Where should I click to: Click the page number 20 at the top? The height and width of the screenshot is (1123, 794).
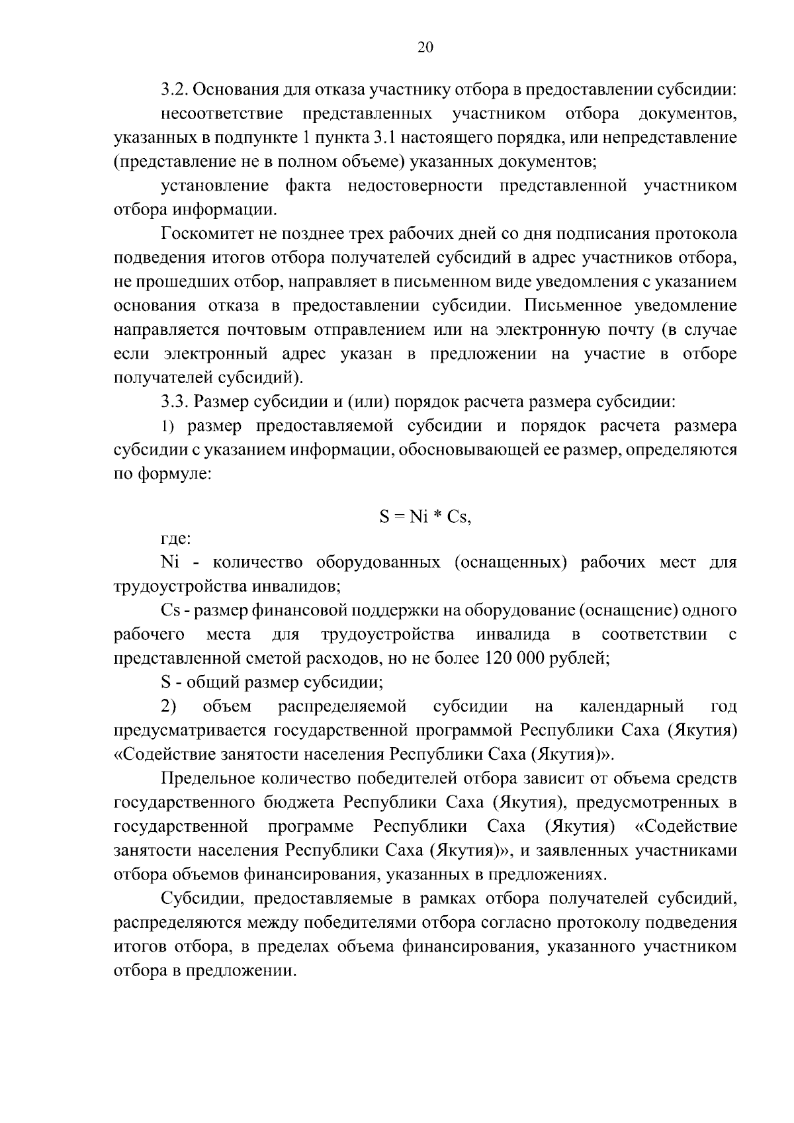coord(425,47)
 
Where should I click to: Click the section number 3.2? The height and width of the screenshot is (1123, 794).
coord(174,89)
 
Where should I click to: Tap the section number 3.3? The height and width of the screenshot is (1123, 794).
coord(174,402)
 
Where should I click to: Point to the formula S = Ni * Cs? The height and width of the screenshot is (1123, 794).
coord(425,517)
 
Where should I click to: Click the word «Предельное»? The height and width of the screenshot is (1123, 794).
coord(209,779)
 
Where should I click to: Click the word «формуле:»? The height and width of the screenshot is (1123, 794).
coord(174,474)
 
